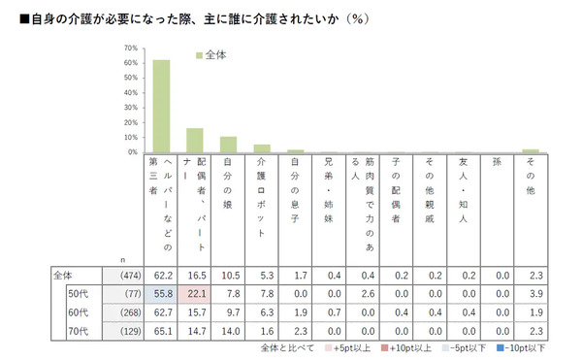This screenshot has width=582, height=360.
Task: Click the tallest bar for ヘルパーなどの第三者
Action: point(162,106)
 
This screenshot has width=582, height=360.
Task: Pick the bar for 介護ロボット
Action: point(262,148)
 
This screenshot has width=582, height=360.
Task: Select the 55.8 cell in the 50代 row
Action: point(162,292)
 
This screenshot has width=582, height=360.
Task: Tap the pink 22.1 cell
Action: point(195,292)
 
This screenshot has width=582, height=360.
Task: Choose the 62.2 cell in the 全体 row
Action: point(162,278)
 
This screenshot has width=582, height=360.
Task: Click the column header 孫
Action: point(497,162)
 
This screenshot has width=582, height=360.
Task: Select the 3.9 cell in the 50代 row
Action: point(530,292)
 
